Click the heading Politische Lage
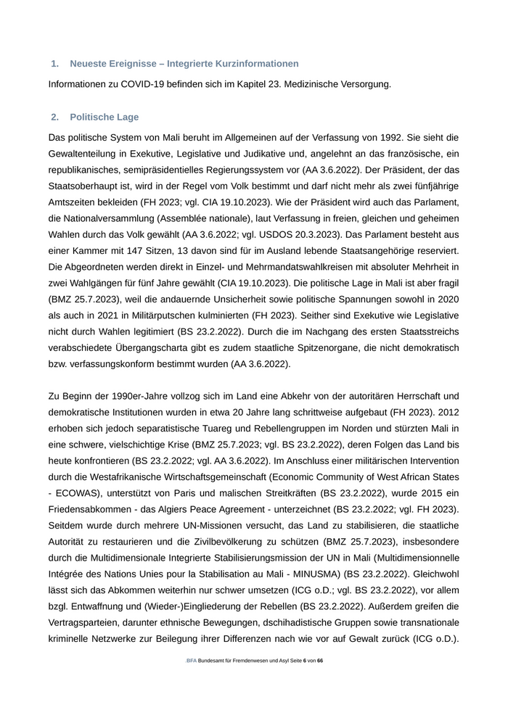(105, 117)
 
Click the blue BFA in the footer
(191, 661)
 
